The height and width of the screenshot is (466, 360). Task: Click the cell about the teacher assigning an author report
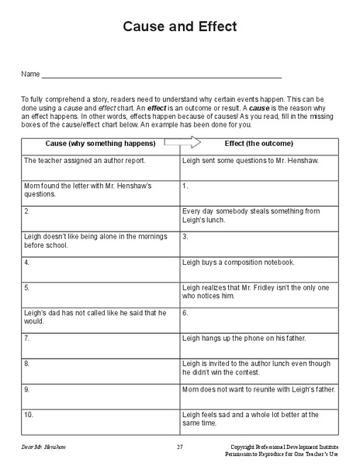click(x=101, y=165)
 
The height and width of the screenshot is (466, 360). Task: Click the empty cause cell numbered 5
click(x=101, y=293)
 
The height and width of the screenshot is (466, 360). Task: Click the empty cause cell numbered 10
click(x=101, y=420)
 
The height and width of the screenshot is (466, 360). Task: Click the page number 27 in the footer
click(x=179, y=447)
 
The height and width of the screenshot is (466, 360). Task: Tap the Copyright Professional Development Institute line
click(x=285, y=447)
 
